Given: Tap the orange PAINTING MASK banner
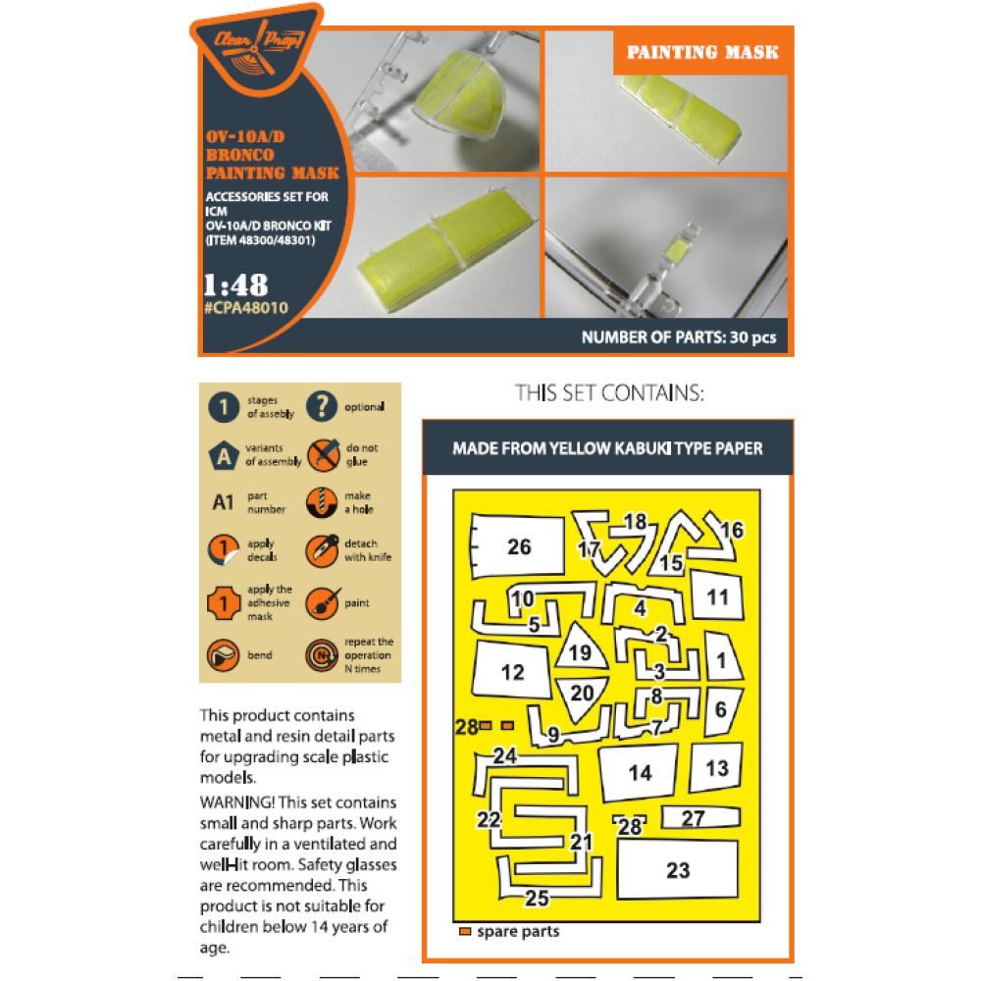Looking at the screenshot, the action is click(x=702, y=52).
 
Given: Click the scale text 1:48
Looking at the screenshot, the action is click(x=235, y=285).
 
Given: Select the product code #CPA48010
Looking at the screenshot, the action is click(x=246, y=308).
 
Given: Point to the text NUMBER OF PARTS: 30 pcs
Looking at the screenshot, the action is click(x=679, y=337).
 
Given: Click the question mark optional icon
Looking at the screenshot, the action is click(x=322, y=406).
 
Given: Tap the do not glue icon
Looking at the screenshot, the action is click(x=323, y=455).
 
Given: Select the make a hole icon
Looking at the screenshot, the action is click(x=322, y=502).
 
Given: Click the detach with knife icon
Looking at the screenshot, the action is click(x=322, y=551).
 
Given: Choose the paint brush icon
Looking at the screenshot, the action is click(x=322, y=603).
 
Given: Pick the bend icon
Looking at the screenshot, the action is click(x=224, y=655).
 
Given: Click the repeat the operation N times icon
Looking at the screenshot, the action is click(x=322, y=655).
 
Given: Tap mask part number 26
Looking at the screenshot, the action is click(x=517, y=545).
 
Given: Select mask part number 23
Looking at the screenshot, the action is click(x=678, y=869).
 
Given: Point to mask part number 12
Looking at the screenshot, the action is click(x=512, y=670).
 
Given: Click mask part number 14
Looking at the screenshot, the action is click(x=639, y=773).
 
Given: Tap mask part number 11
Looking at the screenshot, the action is click(x=718, y=595).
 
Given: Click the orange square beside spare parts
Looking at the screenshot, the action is click(x=465, y=932).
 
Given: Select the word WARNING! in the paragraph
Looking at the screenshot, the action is click(x=237, y=802).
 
